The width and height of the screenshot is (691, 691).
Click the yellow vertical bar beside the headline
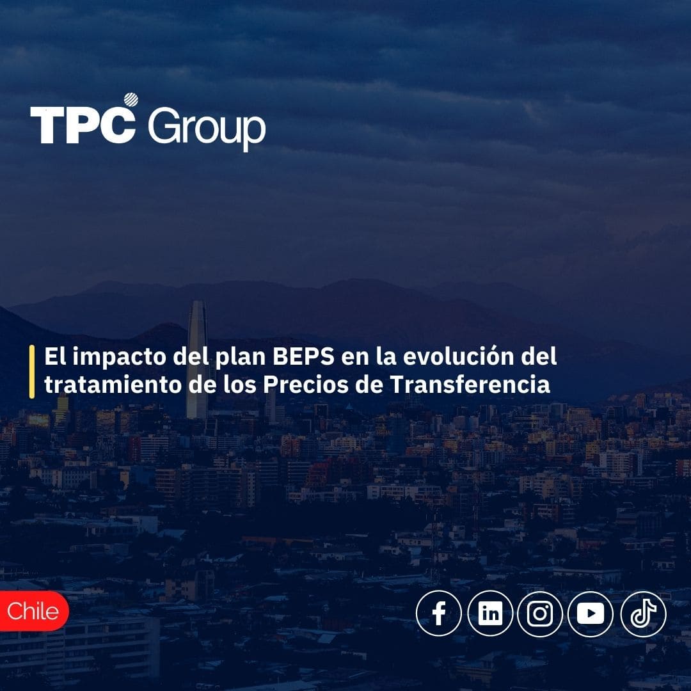pos(32,371)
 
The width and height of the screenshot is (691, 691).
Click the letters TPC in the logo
pos(82,125)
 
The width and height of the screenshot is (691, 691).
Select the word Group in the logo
pos(206,128)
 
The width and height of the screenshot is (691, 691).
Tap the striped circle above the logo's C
pos(131,100)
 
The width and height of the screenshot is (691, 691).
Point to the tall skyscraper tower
pos(196,358)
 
